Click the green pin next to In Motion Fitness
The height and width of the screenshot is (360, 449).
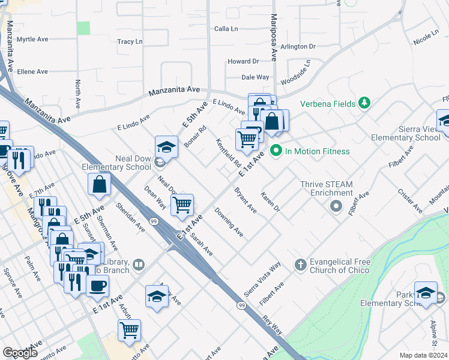[276, 151]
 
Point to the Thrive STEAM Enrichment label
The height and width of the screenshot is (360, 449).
[331, 188]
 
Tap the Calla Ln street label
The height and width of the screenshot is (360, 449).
[226, 29]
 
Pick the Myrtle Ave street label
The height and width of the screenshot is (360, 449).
[32, 40]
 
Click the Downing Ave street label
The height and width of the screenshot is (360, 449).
[229, 222]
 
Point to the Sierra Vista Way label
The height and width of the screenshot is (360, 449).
[262, 279]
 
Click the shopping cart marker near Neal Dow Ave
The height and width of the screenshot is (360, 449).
[182, 205]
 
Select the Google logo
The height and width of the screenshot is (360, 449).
[20, 353]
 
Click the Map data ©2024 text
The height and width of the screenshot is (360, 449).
[423, 355]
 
